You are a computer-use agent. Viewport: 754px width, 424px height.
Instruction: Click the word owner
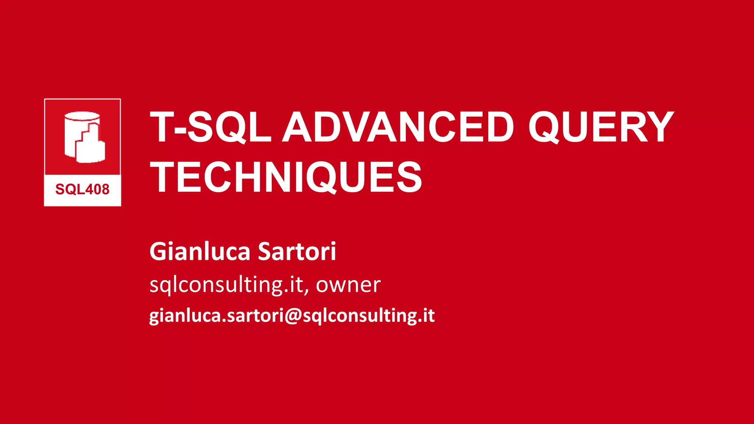tap(348, 285)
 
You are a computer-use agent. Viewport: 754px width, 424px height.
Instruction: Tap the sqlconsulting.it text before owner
tap(226, 285)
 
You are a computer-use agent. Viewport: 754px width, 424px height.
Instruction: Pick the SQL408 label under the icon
tap(82, 189)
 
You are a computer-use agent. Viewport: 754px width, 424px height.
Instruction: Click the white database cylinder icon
tap(84, 137)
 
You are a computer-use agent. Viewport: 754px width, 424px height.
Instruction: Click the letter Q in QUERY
tap(544, 127)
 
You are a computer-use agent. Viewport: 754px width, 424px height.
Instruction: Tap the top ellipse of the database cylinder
tap(82, 117)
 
